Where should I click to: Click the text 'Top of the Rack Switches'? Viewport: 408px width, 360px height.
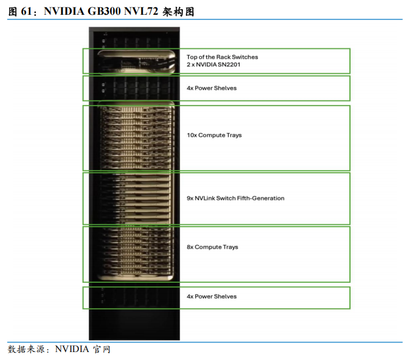[222, 57]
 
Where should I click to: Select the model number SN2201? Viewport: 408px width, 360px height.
[229, 65]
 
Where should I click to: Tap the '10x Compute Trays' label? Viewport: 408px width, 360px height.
[214, 135]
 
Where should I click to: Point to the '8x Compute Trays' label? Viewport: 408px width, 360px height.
[213, 247]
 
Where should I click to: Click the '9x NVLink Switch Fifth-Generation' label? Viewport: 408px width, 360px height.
[235, 198]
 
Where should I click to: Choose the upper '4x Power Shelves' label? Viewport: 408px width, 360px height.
[211, 88]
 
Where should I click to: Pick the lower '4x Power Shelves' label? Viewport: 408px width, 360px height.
[211, 296]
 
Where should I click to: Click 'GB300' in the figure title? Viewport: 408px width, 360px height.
[104, 11]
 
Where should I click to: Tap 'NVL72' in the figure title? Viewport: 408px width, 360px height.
[141, 11]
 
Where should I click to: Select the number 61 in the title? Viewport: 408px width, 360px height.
[26, 11]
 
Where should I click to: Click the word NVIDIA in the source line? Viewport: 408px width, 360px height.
[72, 349]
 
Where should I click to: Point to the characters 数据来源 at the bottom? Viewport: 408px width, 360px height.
[26, 349]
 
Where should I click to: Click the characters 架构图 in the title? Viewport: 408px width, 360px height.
[178, 12]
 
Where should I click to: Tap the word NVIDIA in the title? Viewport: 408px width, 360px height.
[64, 11]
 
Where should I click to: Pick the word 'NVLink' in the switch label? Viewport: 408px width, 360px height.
[205, 198]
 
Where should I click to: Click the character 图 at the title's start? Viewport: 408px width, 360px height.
[13, 12]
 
